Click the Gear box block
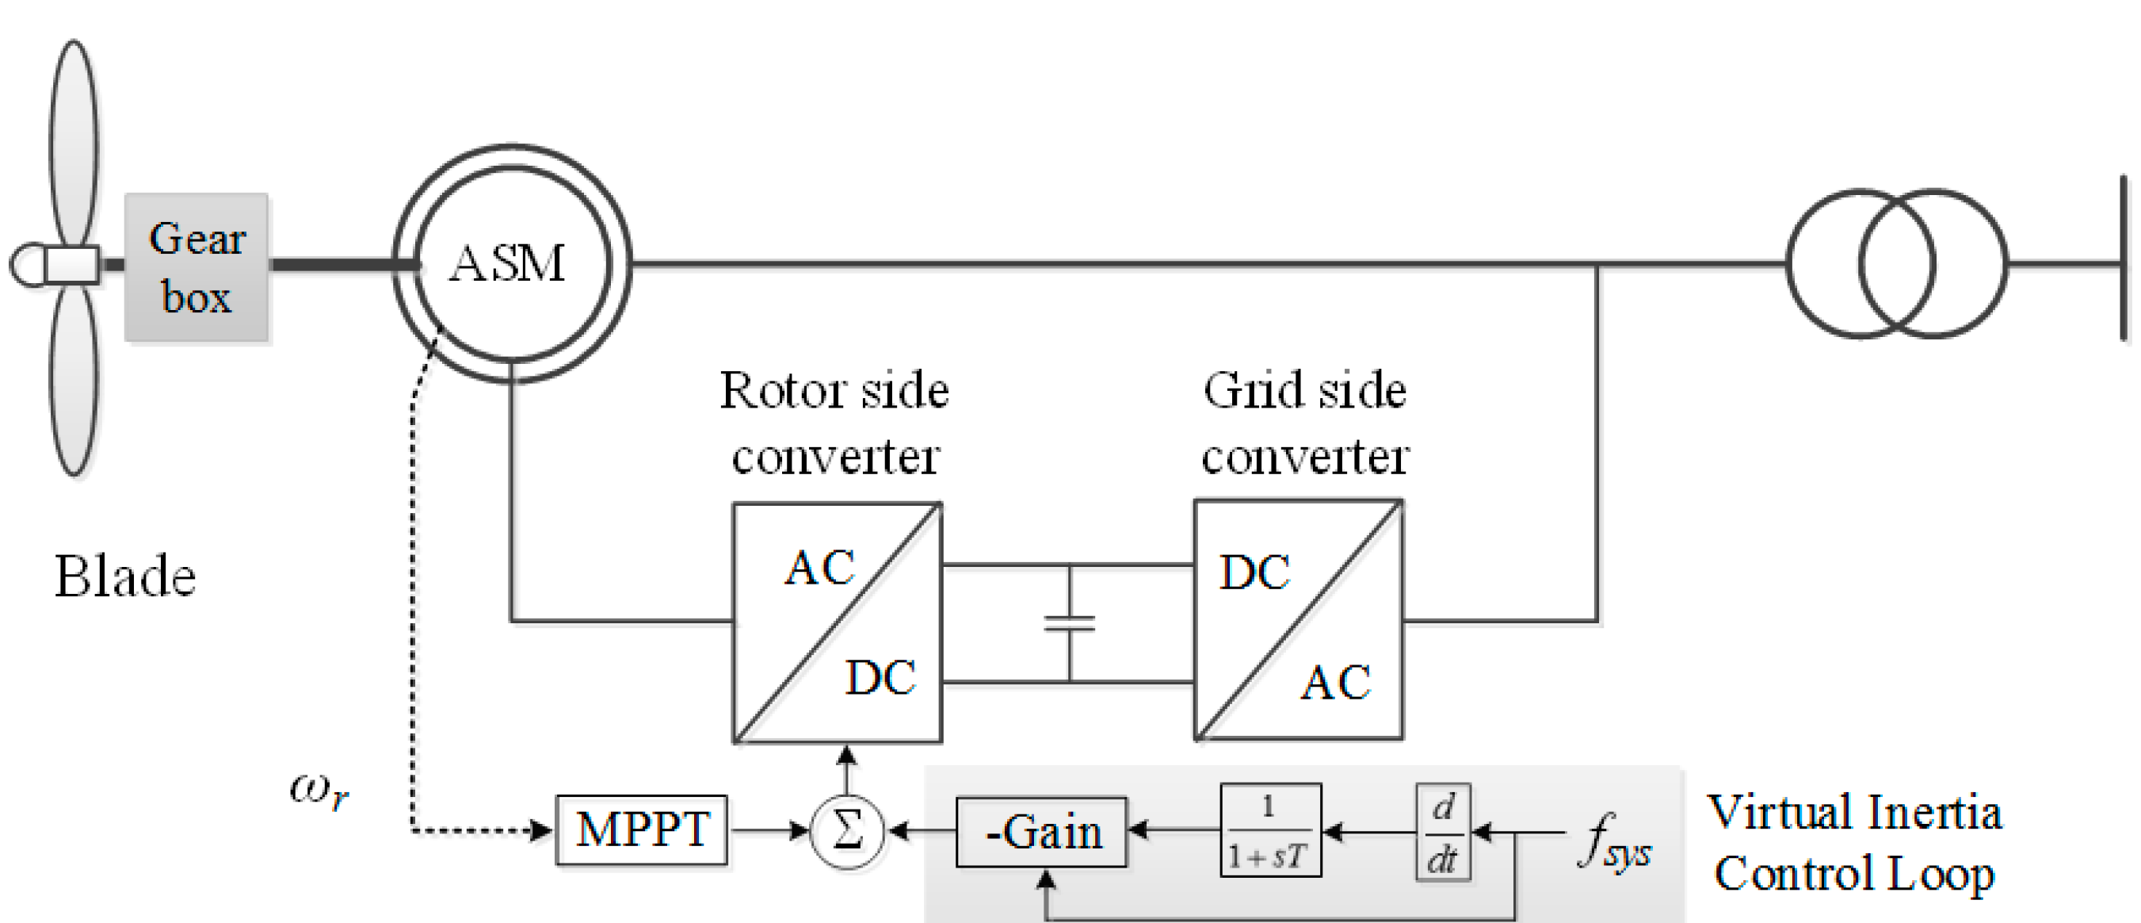point(197,267)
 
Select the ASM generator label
point(507,263)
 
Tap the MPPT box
point(642,830)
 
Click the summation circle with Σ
point(847,831)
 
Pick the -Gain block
point(1041,833)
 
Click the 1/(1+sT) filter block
point(1270,830)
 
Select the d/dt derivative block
point(1443,832)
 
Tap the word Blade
point(124,576)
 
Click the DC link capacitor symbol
point(1070,622)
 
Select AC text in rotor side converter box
point(819,569)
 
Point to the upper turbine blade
point(74,141)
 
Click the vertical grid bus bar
point(2124,258)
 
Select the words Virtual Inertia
point(1854,813)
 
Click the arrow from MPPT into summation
point(769,830)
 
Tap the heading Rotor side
point(834,390)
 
